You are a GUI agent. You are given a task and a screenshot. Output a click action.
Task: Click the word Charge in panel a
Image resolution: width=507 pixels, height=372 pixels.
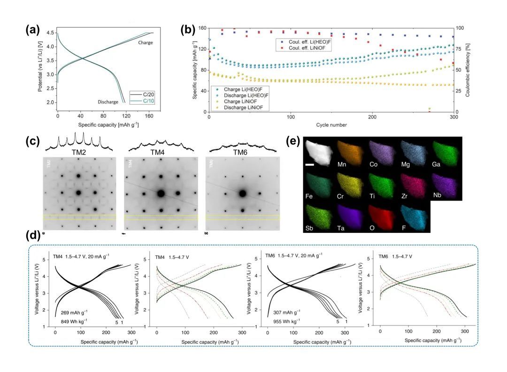[x=146, y=42]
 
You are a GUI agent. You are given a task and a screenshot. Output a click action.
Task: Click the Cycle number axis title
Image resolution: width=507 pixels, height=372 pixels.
[x=331, y=124]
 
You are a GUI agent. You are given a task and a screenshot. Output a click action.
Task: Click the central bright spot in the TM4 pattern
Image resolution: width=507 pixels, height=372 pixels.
[x=161, y=193]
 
